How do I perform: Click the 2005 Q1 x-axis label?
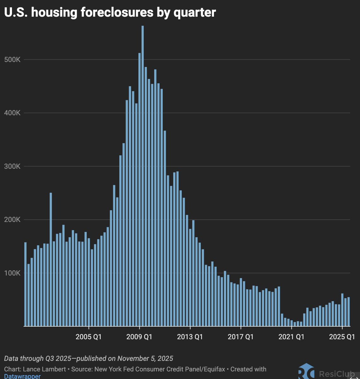point(88,337)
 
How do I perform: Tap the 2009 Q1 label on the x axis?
point(139,337)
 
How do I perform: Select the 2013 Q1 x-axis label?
point(190,337)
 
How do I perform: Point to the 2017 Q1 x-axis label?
point(241,337)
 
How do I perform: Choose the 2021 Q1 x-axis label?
point(291,337)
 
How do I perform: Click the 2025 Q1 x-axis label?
point(342,337)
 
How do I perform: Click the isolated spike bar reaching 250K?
point(51,259)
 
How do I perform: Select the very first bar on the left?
point(25,284)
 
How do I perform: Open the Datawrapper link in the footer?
point(22,376)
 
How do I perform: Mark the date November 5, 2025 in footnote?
point(145,358)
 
